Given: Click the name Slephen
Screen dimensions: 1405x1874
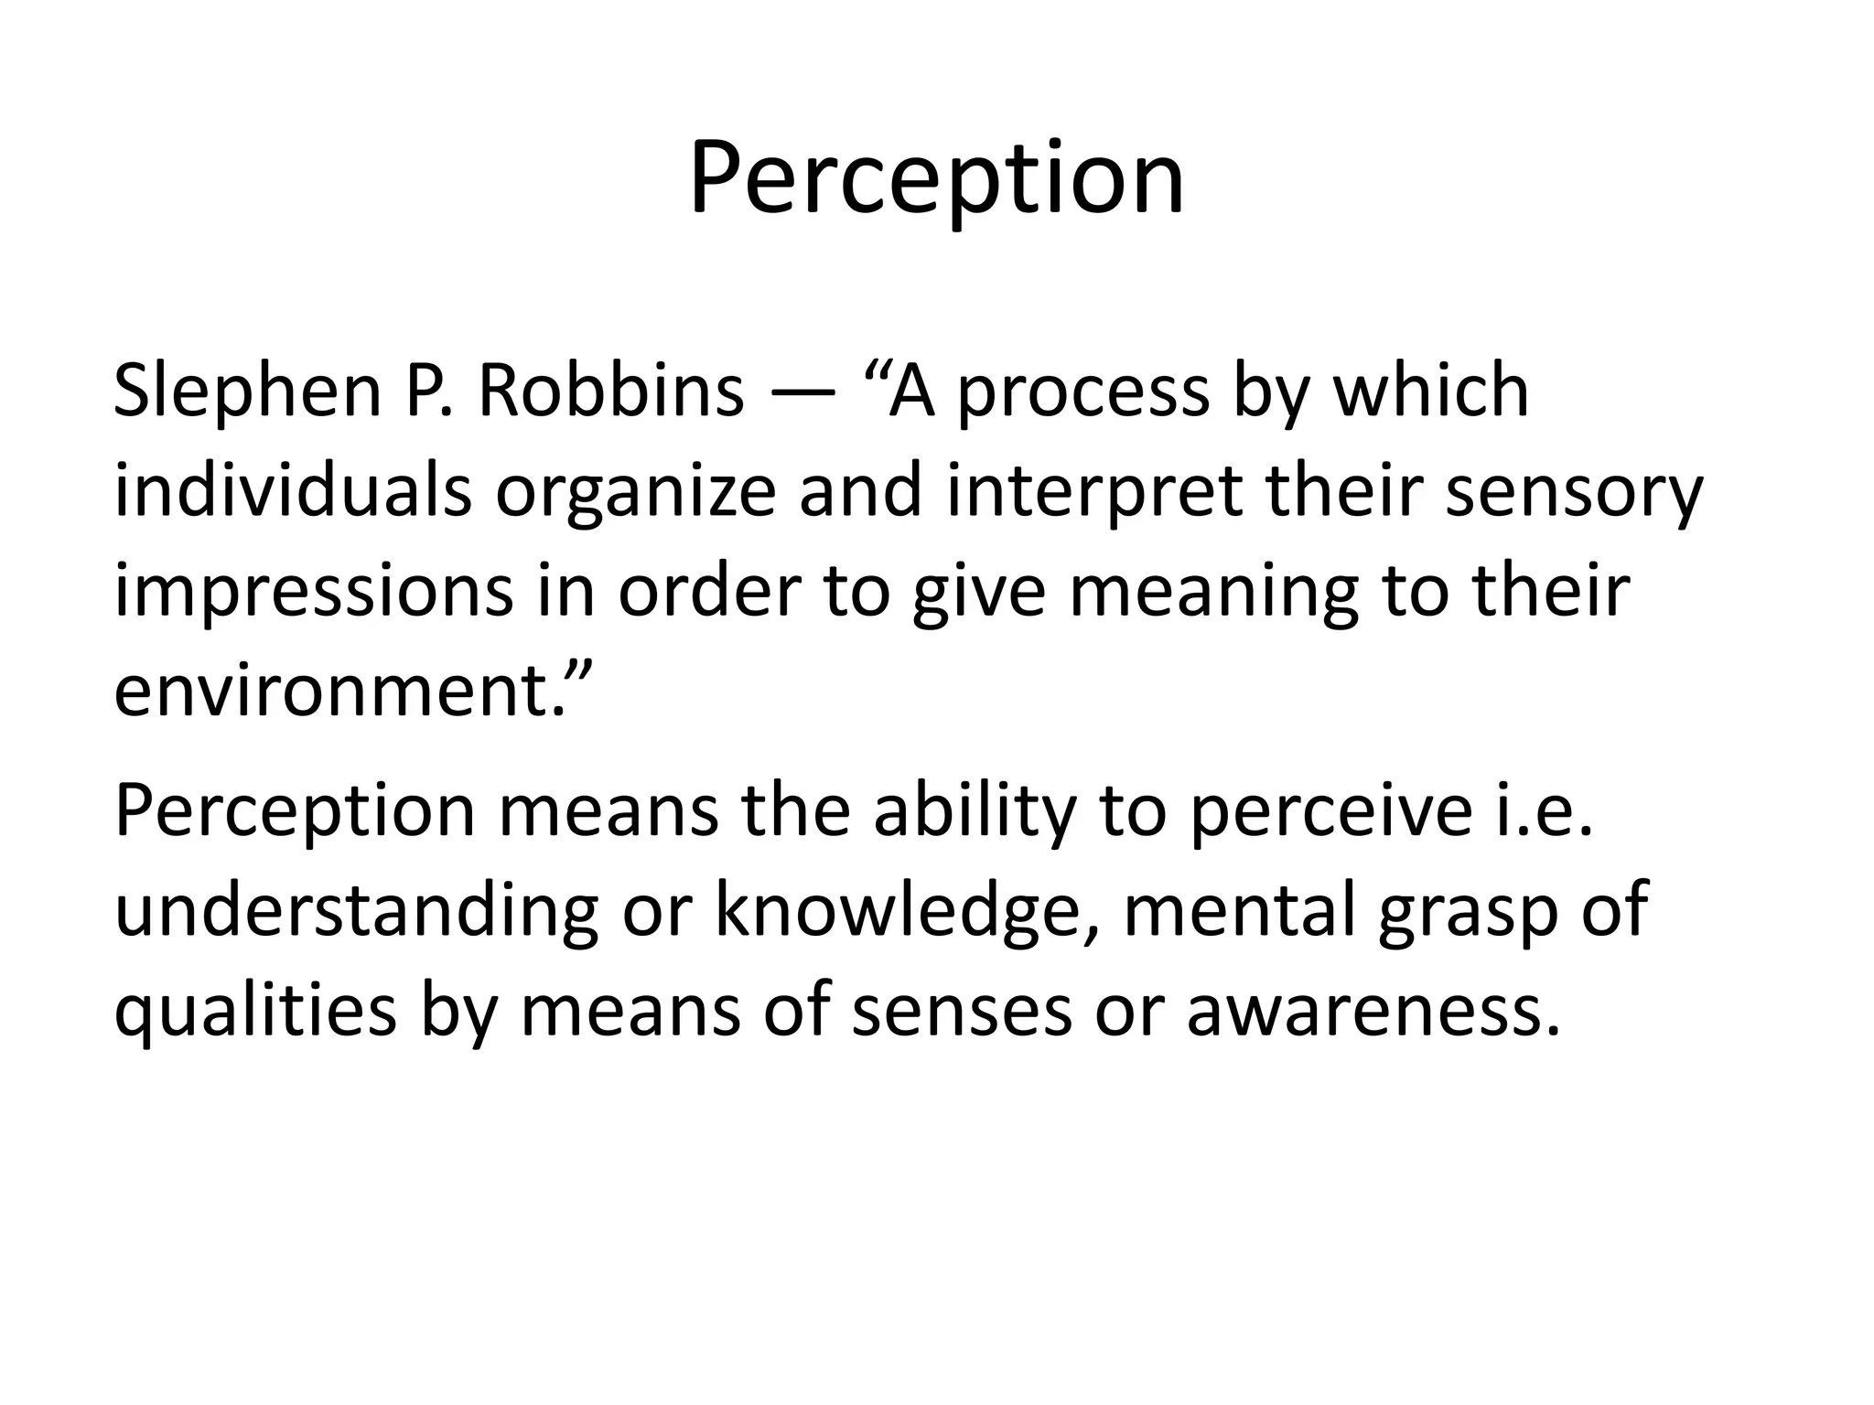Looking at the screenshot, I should pyautogui.click(x=246, y=391).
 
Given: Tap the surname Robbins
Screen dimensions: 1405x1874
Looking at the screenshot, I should pyautogui.click(x=610, y=391).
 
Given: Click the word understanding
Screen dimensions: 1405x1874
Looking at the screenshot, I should pyautogui.click(x=356, y=913).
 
